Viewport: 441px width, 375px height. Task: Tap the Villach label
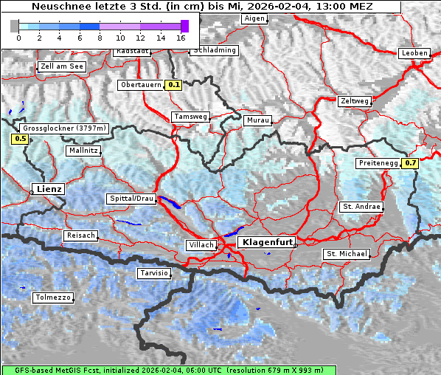pyautogui.click(x=201, y=244)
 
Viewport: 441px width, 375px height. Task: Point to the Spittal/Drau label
pyautogui.click(x=132, y=199)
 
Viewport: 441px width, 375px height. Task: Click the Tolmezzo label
pyautogui.click(x=53, y=297)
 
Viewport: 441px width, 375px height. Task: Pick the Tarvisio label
pyautogui.click(x=154, y=273)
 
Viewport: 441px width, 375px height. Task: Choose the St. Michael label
pyautogui.click(x=347, y=254)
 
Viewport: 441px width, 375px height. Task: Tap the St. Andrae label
pyautogui.click(x=361, y=207)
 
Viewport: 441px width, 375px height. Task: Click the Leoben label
pyautogui.click(x=414, y=53)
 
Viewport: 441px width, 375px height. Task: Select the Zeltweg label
pyautogui.click(x=355, y=101)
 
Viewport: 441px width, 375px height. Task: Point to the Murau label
pyautogui.click(x=258, y=120)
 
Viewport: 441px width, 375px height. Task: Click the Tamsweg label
pyautogui.click(x=190, y=117)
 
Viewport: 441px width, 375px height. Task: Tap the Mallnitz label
pyautogui.click(x=83, y=151)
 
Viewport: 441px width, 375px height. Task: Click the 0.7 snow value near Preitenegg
pyautogui.click(x=411, y=163)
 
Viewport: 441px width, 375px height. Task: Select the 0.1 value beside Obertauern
pyautogui.click(x=173, y=85)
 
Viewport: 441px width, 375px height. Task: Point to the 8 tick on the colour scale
pyautogui.click(x=100, y=38)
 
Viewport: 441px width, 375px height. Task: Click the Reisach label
pyautogui.click(x=80, y=235)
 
